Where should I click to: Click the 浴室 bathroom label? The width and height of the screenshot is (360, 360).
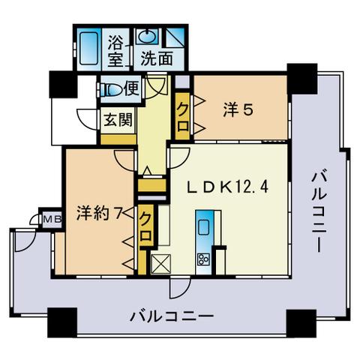(115, 48)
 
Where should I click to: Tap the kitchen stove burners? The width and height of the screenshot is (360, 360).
(203, 259)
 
